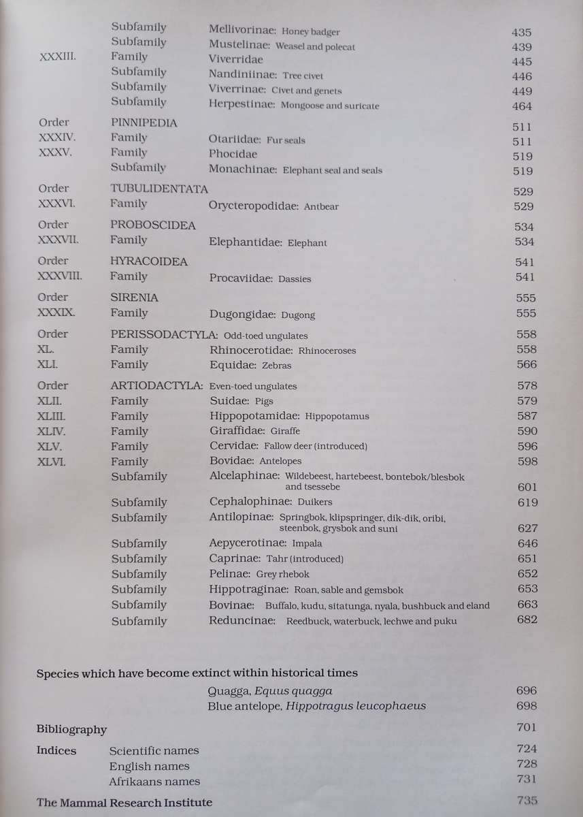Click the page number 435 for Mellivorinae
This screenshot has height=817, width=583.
tap(522, 32)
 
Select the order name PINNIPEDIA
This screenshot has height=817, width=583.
tap(144, 123)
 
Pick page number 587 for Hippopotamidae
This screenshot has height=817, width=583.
tap(526, 416)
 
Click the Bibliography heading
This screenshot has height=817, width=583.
tap(71, 729)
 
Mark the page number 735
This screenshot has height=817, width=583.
tap(527, 802)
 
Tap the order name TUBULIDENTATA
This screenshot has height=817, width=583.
tap(159, 189)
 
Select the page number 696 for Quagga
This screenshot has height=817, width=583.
tap(527, 690)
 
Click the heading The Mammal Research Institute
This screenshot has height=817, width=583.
tap(124, 803)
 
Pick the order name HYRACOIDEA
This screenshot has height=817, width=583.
tap(148, 261)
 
